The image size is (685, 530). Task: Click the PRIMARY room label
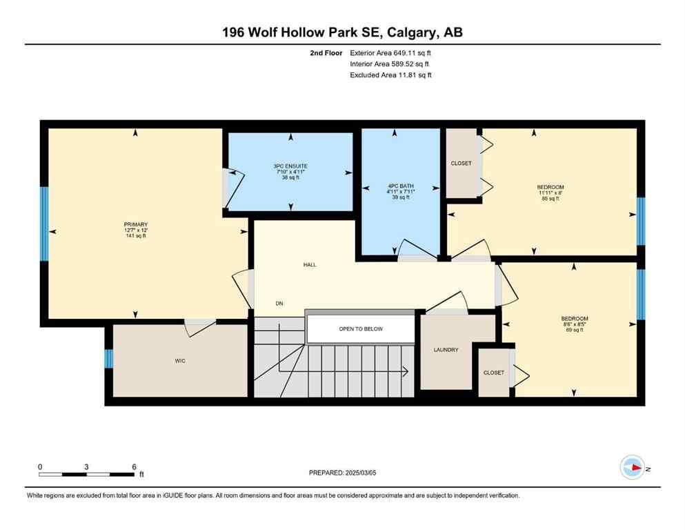click(136, 224)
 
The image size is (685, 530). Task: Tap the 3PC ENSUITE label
click(290, 166)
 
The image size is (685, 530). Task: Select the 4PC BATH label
click(399, 186)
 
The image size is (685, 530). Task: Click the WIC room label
click(180, 361)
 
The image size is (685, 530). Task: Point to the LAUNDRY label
click(446, 350)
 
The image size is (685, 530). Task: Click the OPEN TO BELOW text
click(360, 329)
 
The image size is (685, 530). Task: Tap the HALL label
click(310, 264)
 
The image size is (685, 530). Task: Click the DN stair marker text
click(279, 304)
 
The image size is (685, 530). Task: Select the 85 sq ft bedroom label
click(550, 187)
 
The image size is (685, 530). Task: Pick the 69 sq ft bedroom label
click(574, 319)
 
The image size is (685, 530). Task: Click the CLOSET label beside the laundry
click(493, 373)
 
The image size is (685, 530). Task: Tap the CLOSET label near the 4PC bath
click(461, 164)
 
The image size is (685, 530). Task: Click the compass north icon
click(633, 468)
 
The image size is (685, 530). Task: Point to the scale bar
click(87, 475)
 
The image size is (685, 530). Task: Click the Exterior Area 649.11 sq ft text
click(390, 52)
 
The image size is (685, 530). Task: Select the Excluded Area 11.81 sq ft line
click(390, 75)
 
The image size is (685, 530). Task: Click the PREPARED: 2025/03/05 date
click(343, 473)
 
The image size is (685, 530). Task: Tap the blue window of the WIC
click(108, 359)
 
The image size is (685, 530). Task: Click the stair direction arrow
click(406, 371)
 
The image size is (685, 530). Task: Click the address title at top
click(342, 32)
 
